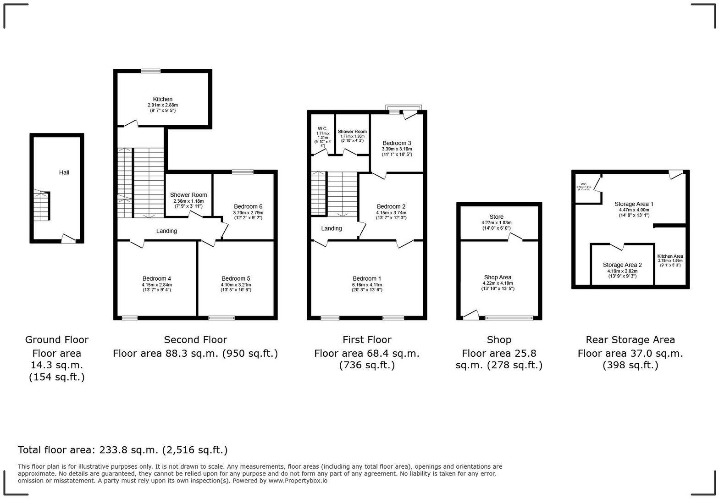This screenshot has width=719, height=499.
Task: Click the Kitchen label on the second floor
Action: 162,99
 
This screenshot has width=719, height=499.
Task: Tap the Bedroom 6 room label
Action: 248,206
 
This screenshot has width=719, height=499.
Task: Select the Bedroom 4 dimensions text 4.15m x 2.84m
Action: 156,284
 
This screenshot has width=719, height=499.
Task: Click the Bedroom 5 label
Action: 236,278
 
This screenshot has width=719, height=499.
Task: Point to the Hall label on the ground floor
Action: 64,172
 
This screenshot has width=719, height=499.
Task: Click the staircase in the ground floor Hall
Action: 41,206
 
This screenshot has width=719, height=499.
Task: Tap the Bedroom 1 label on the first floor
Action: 367,278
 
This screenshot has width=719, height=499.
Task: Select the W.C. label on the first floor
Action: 322,128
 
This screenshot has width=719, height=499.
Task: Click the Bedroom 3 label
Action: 397,143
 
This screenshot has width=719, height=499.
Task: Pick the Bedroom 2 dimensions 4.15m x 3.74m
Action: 391,212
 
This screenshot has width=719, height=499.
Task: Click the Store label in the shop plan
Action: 496,216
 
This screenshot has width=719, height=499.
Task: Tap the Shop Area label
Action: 498,277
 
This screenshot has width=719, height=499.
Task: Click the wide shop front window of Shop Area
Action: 509,317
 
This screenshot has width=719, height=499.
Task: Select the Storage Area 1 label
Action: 634,204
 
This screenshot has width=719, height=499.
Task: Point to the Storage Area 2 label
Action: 622,265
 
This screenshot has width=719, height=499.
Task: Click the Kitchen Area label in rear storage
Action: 670,256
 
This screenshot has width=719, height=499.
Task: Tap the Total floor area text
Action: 122,450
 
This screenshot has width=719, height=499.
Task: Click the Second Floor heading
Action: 195,340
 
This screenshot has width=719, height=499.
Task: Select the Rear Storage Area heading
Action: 630,340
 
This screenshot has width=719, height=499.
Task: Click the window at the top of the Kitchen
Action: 150,71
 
